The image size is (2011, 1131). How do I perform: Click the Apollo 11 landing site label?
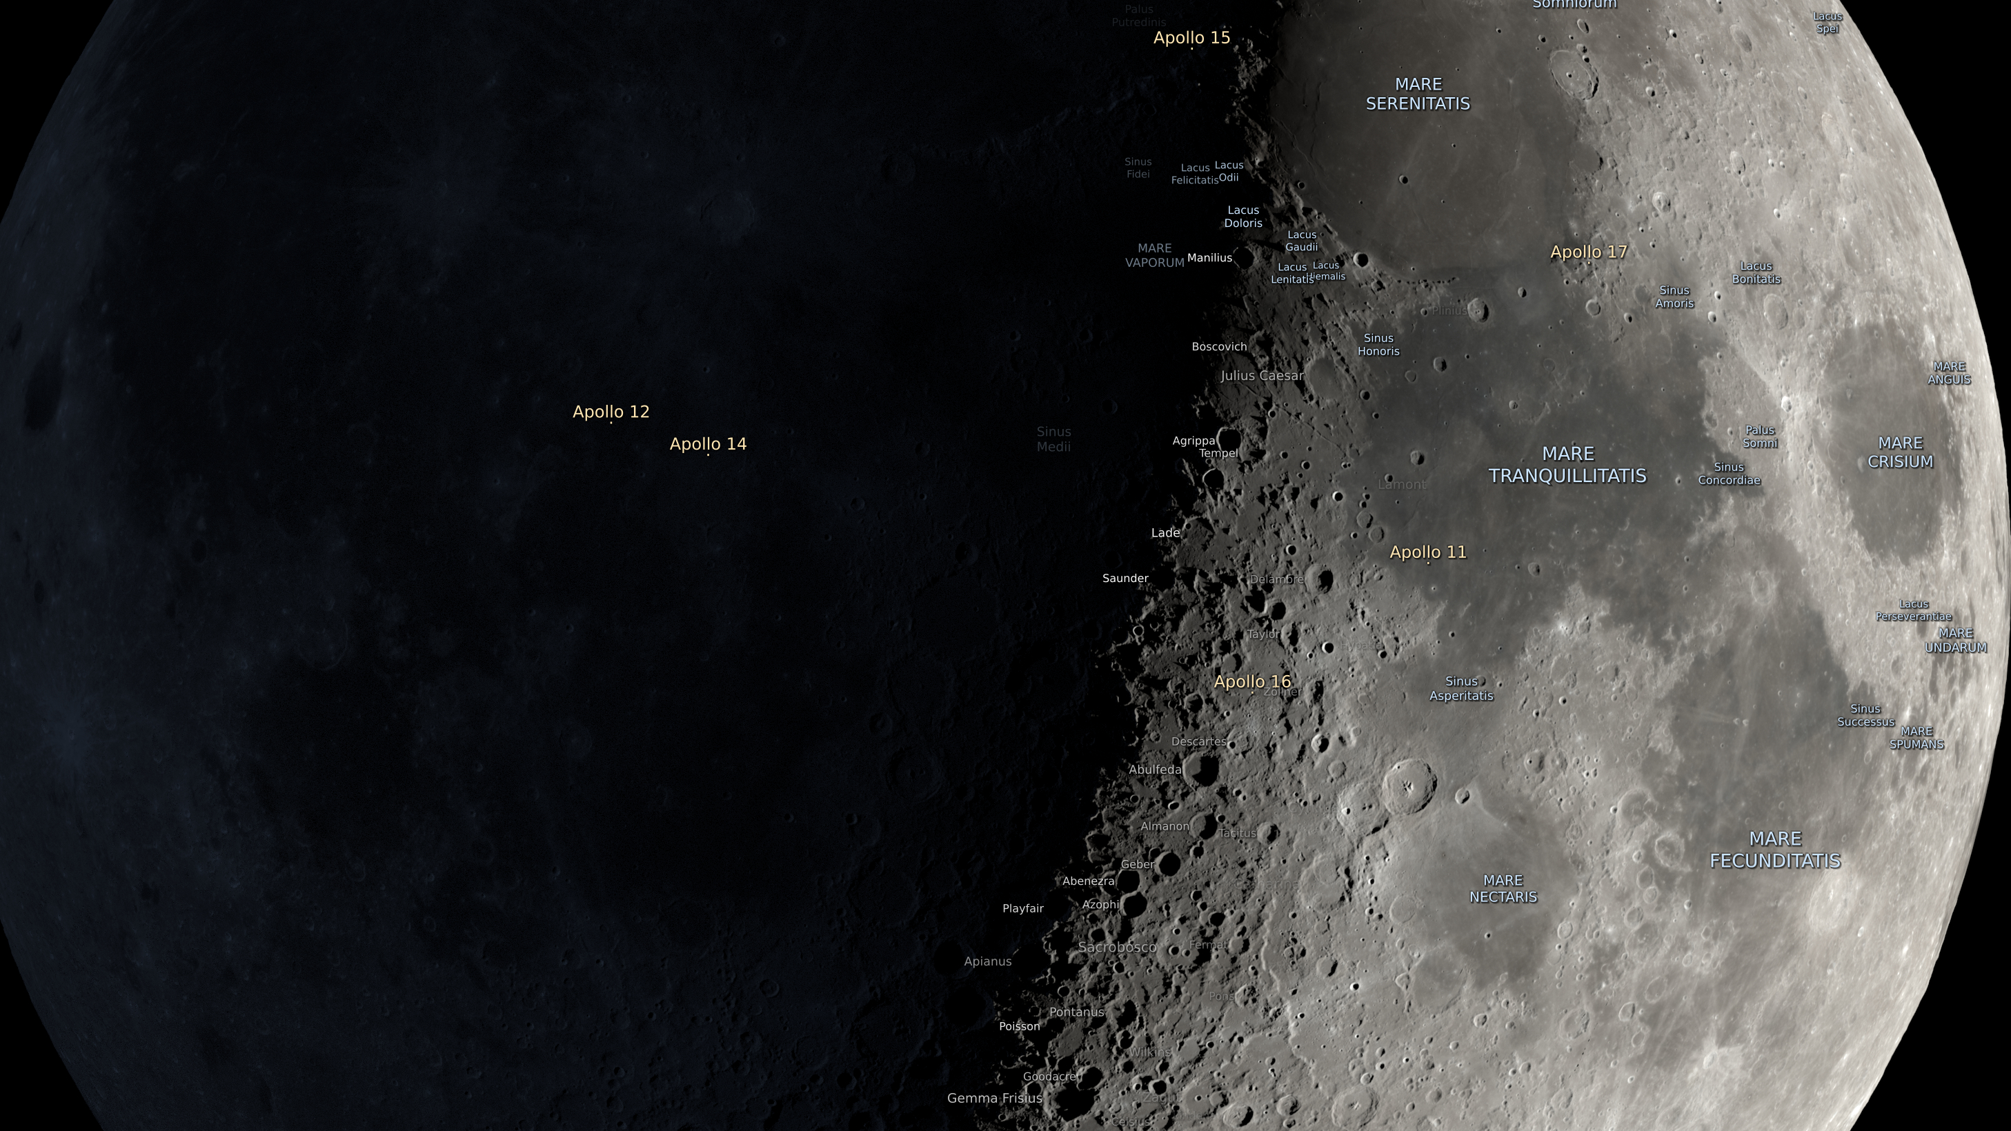pyautogui.click(x=1428, y=552)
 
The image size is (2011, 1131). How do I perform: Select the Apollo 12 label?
pyautogui.click(x=611, y=411)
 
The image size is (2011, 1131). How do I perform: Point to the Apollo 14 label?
pyautogui.click(x=707, y=443)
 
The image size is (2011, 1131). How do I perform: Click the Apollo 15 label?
pyautogui.click(x=1191, y=37)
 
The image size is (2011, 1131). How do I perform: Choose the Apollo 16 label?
pyautogui.click(x=1252, y=681)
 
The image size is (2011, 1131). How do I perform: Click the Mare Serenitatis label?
pyautogui.click(x=1418, y=94)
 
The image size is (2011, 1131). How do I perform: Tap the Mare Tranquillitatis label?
pyautogui.click(x=1567, y=464)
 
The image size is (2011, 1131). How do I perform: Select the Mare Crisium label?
pyautogui.click(x=1899, y=452)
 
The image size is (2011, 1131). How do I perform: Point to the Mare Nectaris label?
pyautogui.click(x=1503, y=888)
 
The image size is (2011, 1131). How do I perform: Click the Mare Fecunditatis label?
pyautogui.click(x=1775, y=849)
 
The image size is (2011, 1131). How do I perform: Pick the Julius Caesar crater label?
pyautogui.click(x=1262, y=375)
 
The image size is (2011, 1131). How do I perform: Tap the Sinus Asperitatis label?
pyautogui.click(x=1460, y=688)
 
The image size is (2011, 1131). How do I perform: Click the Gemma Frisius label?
pyautogui.click(x=994, y=1097)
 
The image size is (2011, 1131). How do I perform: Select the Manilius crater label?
pyautogui.click(x=1209, y=257)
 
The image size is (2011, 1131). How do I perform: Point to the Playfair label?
pyautogui.click(x=1022, y=908)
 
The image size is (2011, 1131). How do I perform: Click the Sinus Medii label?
pyautogui.click(x=1053, y=439)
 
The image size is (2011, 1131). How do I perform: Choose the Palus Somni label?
pyautogui.click(x=1760, y=437)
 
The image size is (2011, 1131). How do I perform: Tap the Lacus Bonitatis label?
pyautogui.click(x=1756, y=272)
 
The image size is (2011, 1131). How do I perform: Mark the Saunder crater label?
pyautogui.click(x=1125, y=578)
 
